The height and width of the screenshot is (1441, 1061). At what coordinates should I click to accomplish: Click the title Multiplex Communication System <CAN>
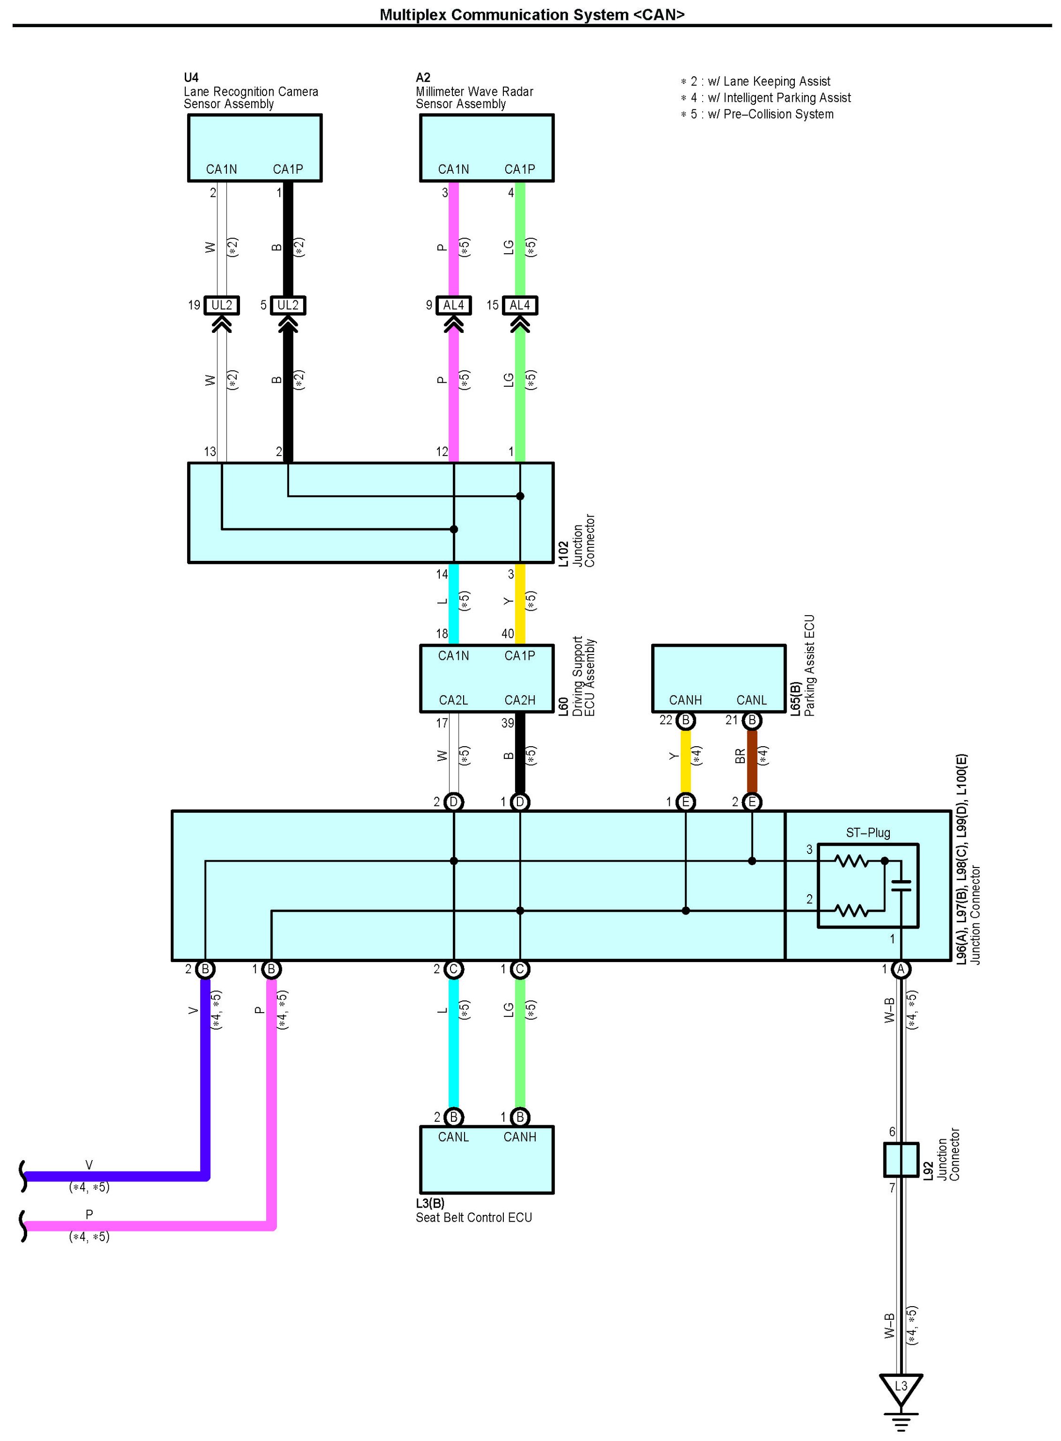click(x=532, y=14)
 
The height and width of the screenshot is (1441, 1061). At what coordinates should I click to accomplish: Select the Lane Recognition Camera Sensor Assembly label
click(x=251, y=98)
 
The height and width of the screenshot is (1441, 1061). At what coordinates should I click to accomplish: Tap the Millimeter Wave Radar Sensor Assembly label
click(x=474, y=98)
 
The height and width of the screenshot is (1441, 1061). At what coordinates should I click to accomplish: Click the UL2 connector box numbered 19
click(x=222, y=305)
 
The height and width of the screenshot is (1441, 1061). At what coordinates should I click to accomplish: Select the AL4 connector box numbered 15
click(x=519, y=305)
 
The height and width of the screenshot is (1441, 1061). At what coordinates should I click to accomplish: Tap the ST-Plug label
click(x=868, y=833)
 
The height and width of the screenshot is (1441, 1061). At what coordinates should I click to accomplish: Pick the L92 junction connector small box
click(x=900, y=1160)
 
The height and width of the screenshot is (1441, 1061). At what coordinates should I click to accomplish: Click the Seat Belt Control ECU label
click(x=474, y=1217)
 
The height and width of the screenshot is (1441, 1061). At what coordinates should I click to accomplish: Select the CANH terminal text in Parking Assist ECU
click(x=685, y=700)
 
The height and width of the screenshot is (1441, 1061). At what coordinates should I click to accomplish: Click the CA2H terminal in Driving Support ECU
click(x=519, y=700)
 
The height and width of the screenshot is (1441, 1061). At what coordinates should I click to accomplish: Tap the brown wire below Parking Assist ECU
click(x=752, y=761)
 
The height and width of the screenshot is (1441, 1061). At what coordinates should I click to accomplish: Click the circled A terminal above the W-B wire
click(x=900, y=969)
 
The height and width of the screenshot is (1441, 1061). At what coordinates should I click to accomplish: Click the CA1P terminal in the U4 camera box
click(x=288, y=169)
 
